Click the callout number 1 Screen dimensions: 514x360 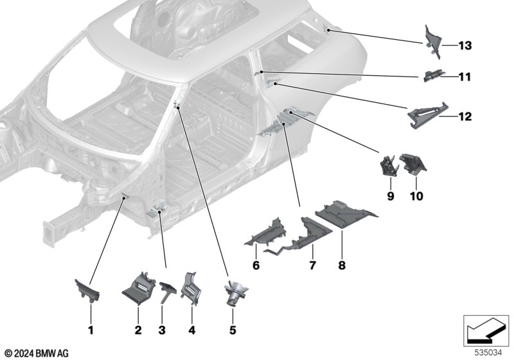91,330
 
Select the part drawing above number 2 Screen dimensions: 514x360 138,289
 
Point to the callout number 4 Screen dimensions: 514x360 191,330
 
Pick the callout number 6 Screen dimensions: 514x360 256,265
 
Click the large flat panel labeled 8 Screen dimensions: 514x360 346,215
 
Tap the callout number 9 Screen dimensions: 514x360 391,196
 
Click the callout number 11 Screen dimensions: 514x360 465,77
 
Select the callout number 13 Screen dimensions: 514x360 465,45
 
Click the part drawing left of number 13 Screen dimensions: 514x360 432,42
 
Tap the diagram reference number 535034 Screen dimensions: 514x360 488,353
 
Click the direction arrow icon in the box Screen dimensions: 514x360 487,330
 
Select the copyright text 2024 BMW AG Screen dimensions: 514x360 41,354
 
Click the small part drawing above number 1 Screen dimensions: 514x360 87,289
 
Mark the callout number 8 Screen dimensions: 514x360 342,265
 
